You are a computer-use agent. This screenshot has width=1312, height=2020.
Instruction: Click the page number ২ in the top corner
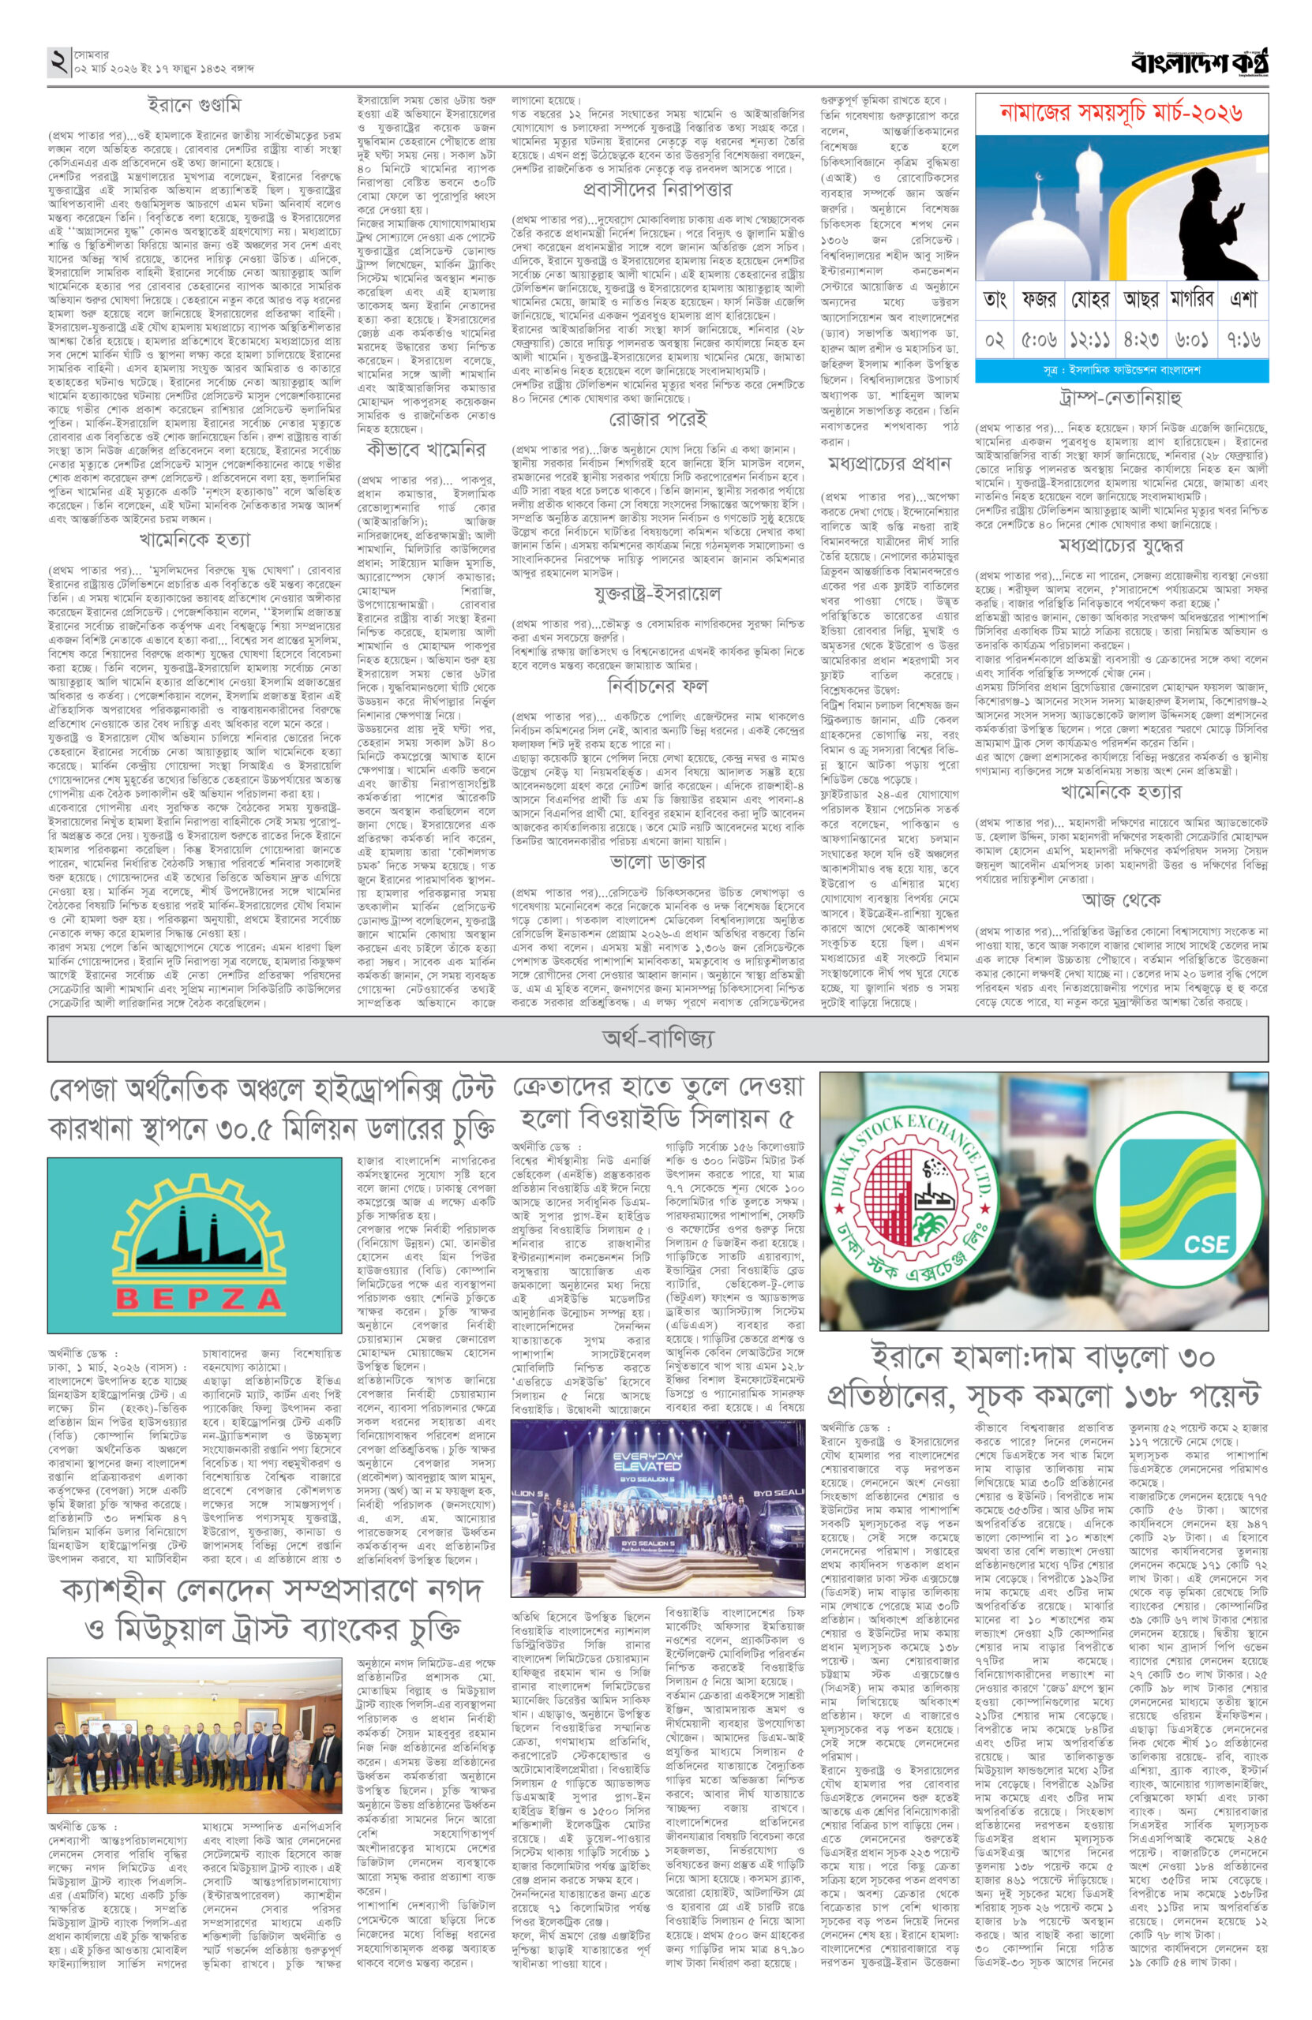coord(58,62)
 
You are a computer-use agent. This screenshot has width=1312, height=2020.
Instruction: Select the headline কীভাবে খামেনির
coord(426,449)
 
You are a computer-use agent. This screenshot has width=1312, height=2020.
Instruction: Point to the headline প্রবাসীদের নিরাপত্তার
coord(658,190)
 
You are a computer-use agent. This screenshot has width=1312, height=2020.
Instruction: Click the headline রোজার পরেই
coord(658,420)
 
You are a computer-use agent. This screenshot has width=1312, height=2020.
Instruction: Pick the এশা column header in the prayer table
coord(1242,300)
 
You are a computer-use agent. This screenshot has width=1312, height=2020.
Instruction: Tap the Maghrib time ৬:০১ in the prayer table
coord(1193,337)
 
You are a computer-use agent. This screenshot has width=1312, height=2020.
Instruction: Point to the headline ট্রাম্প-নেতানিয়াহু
coord(1120,397)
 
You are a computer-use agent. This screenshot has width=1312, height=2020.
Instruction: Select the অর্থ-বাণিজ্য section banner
coord(658,1037)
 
